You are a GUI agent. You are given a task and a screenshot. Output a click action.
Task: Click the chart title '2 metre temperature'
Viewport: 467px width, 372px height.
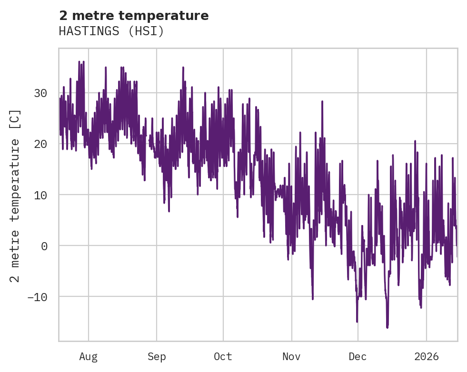[x=134, y=16]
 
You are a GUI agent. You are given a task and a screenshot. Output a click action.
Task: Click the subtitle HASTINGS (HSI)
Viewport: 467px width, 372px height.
[x=111, y=31]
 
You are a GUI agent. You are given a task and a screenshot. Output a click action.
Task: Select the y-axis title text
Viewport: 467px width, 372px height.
[x=15, y=196]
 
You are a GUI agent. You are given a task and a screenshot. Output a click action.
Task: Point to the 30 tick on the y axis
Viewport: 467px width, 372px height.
[x=40, y=93]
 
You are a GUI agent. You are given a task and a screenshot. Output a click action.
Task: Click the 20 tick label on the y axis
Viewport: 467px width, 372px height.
[x=40, y=144]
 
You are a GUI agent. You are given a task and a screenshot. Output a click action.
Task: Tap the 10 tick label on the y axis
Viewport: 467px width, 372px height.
[x=40, y=195]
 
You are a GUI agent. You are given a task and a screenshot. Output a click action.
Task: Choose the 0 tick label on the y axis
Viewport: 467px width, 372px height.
[x=44, y=246]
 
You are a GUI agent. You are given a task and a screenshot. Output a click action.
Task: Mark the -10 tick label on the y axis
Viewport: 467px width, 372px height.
[x=37, y=297]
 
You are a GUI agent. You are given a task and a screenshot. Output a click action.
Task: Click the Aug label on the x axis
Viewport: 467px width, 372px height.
[x=89, y=357]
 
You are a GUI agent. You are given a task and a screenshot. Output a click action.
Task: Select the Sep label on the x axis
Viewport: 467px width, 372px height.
[x=157, y=357]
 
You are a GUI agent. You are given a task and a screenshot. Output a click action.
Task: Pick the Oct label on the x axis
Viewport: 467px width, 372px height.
[x=223, y=357]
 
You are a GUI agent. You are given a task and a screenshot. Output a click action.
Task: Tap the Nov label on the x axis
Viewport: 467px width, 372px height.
[x=291, y=357]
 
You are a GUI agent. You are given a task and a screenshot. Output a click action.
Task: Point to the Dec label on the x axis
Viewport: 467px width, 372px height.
[x=358, y=357]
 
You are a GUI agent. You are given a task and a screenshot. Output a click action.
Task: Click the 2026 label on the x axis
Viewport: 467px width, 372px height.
[x=426, y=357]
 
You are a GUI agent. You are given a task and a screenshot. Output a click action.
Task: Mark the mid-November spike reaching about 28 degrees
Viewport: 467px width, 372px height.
[x=322, y=101]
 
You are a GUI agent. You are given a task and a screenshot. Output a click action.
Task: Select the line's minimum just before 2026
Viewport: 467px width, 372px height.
[x=421, y=307]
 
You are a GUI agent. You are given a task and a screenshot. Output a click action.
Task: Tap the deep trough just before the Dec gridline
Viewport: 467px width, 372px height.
[x=357, y=322]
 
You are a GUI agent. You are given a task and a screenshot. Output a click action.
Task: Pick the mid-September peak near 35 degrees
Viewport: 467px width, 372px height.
[x=183, y=68]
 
